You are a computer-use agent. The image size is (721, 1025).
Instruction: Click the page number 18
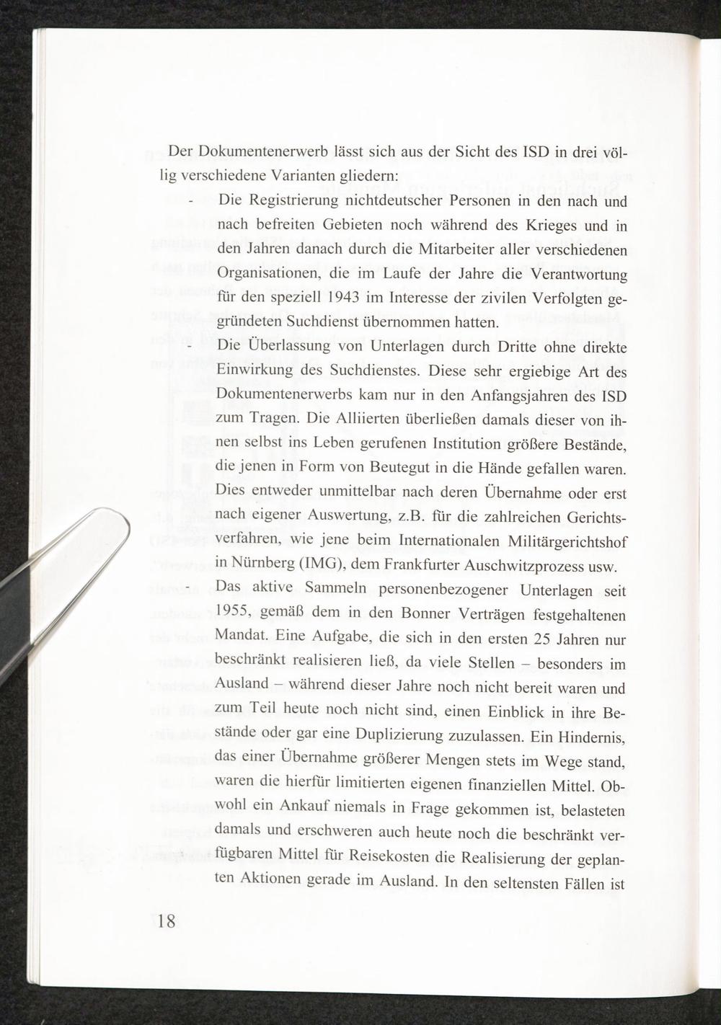click(x=165, y=920)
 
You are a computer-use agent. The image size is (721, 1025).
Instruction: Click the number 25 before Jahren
click(x=539, y=639)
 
